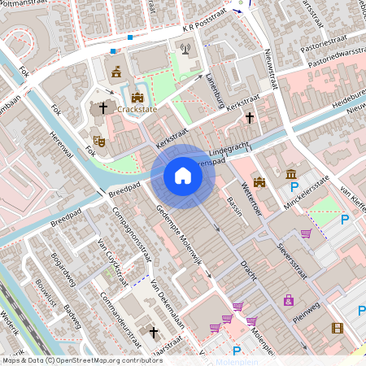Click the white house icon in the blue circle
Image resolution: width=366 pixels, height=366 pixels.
coord(183,176)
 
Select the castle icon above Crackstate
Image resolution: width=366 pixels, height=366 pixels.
coord(137,97)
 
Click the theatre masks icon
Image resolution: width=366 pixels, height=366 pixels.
coord(98,141)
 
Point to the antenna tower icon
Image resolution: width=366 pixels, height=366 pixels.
coord(185,48)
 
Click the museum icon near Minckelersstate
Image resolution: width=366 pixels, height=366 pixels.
coord(291,174)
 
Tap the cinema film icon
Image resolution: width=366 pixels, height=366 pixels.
coord(338,328)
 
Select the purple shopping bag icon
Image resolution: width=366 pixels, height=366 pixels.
coord(288,300)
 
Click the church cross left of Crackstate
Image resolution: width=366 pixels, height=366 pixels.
coord(103,107)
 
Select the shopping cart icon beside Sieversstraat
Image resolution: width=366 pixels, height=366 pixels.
coord(306,233)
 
